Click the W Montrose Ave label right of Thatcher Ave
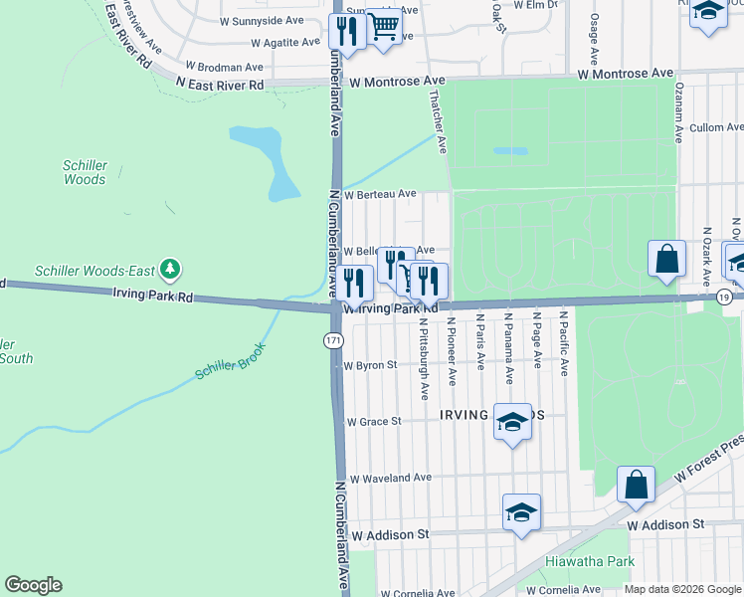point(626,75)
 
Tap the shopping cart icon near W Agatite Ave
point(384,30)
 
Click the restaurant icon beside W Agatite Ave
point(347,32)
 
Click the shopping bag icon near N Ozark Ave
point(666,258)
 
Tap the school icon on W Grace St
point(512,422)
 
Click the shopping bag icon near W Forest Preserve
point(636,485)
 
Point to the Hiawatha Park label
point(590,562)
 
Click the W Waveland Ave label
point(390,479)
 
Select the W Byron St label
point(370,365)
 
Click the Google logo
point(33,585)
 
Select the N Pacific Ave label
point(563,342)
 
